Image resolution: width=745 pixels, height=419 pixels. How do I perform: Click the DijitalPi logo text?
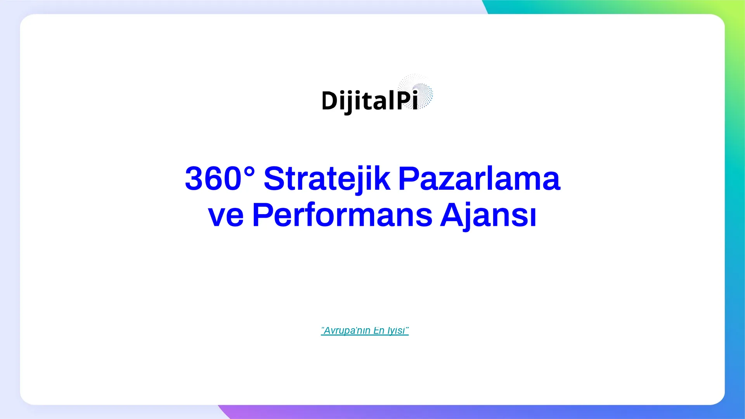(370, 101)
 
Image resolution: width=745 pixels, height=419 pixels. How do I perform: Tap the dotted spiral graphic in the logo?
(416, 92)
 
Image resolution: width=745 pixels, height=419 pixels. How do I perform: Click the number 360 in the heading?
(213, 178)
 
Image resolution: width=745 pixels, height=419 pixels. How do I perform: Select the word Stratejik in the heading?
(327, 178)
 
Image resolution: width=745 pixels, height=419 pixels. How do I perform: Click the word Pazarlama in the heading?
(480, 178)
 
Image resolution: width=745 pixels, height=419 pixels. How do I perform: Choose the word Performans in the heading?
(342, 215)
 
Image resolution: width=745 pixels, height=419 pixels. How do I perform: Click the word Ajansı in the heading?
(488, 216)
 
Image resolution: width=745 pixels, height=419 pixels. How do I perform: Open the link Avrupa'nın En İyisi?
(365, 331)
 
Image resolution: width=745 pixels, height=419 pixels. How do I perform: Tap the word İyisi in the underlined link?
(397, 331)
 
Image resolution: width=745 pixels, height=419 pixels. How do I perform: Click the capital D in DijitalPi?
(330, 101)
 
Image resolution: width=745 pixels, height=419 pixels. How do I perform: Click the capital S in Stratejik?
(275, 178)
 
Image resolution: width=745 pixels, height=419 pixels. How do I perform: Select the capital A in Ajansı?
(453, 214)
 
